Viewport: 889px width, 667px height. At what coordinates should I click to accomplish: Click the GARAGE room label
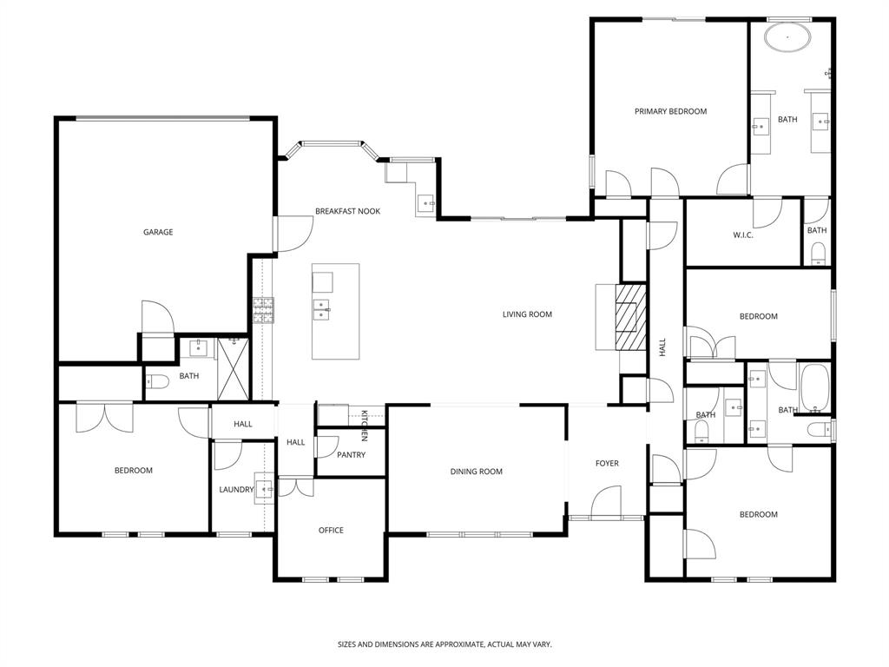point(158,232)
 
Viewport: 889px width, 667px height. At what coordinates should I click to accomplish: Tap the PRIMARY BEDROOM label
point(670,111)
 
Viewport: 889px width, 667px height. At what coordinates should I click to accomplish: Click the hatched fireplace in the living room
point(631,316)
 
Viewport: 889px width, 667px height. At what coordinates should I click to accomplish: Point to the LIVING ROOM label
point(527,314)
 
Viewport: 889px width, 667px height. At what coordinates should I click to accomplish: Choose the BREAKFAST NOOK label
point(347,211)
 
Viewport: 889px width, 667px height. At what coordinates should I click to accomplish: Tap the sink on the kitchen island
point(321,309)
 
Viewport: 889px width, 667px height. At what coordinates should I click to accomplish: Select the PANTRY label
point(351,455)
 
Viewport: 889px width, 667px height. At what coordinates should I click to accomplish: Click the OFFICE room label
point(331,530)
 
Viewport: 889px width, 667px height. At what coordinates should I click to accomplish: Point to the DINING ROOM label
point(477,472)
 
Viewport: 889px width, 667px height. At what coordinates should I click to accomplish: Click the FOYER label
point(607,463)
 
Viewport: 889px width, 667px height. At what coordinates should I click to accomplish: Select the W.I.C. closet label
point(742,234)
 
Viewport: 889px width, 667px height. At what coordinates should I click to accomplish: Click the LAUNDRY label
point(235,490)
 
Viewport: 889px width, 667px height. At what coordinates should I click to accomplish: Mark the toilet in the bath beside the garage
point(156,380)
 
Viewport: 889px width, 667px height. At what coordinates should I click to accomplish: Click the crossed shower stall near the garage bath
point(233,369)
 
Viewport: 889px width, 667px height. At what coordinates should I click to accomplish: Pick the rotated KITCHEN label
point(365,424)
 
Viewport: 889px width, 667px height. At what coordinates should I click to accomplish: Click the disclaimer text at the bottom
point(444,644)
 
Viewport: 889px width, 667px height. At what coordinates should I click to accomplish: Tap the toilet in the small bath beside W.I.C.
point(817,254)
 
